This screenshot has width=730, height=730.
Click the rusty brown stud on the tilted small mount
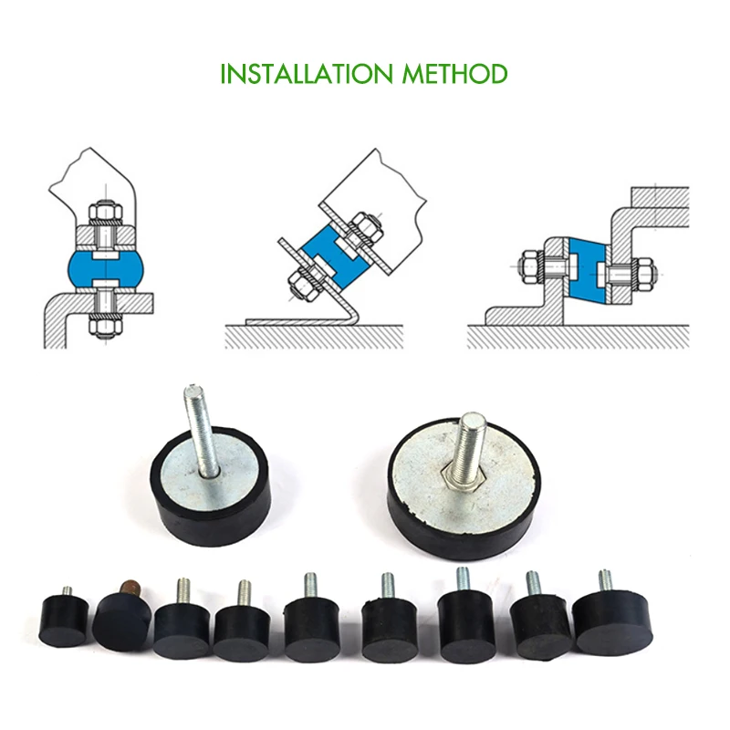point(128,585)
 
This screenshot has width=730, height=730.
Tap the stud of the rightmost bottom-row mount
point(603,582)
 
